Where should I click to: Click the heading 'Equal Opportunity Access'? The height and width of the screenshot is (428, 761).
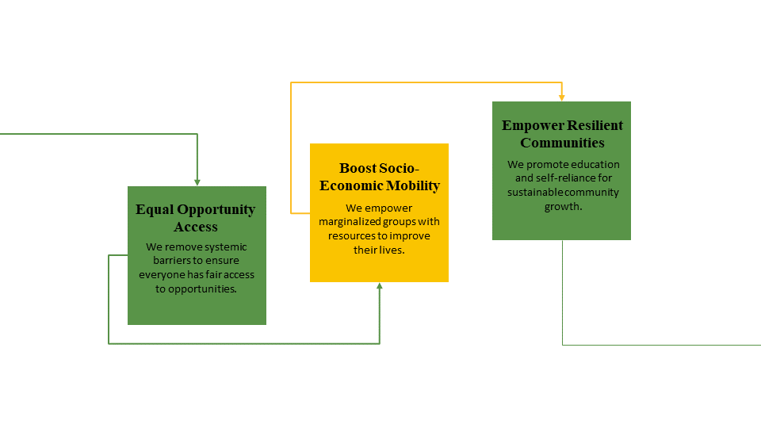click(x=196, y=218)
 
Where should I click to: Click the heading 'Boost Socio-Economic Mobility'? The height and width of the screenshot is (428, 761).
click(x=380, y=177)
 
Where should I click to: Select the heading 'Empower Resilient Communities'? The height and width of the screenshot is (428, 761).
click(x=562, y=134)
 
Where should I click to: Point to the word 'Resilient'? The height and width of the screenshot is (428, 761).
click(x=595, y=125)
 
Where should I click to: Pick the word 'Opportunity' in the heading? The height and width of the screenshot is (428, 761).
click(x=216, y=209)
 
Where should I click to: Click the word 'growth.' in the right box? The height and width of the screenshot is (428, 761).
click(x=563, y=207)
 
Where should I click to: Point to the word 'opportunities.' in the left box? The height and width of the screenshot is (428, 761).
click(x=202, y=289)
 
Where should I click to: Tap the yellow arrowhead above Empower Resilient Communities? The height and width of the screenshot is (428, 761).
click(x=561, y=98)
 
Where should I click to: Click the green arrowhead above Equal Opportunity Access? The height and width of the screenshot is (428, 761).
click(x=197, y=182)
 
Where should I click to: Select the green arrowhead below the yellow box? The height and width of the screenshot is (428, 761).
click(x=380, y=286)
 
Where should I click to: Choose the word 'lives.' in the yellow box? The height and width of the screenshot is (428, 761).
click(x=392, y=250)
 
